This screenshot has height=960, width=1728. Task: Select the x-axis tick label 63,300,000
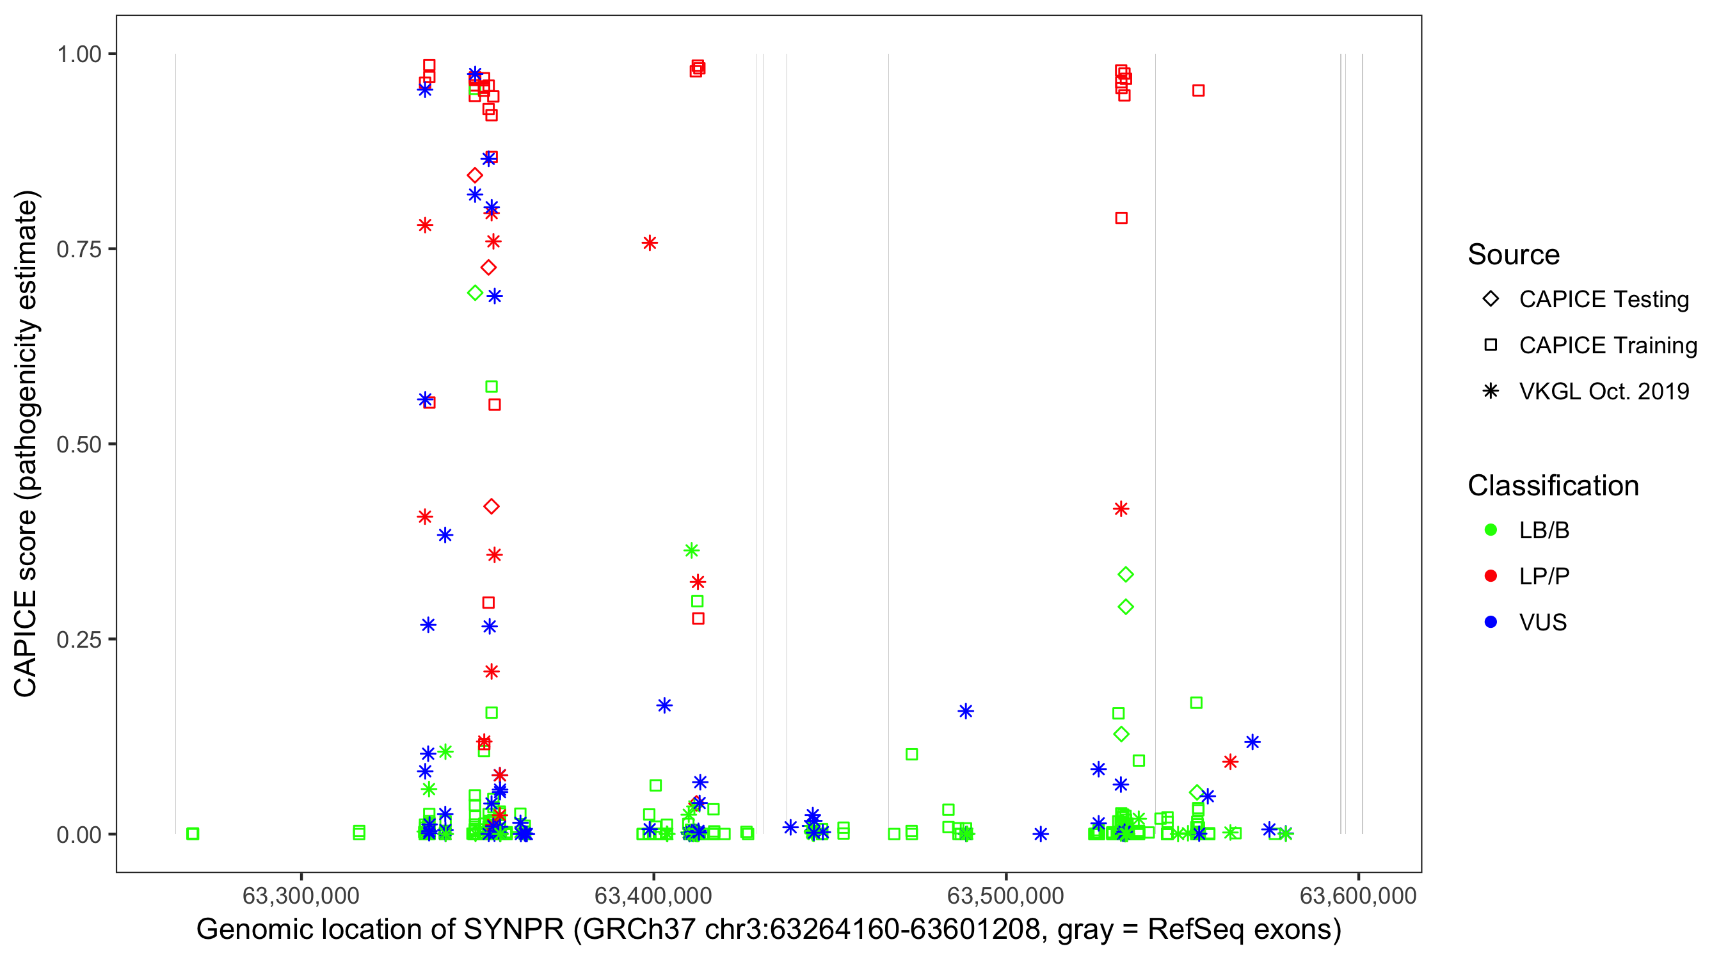(301, 895)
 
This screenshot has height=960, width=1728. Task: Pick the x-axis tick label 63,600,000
(1357, 895)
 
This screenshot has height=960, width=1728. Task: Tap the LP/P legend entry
(1544, 576)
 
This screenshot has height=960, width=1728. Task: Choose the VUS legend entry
(1542, 623)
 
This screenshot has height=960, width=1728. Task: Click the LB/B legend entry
(1544, 530)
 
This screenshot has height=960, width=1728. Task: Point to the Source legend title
(1514, 255)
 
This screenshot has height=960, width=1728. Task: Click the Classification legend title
(1553, 486)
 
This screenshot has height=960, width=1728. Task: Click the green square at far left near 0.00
(193, 834)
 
